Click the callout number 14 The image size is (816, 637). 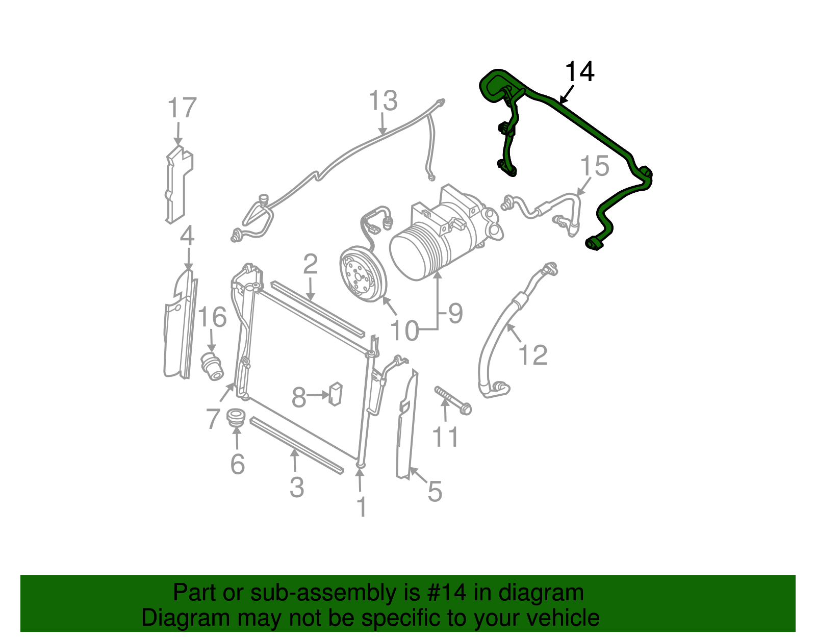coord(580,72)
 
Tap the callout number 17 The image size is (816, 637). coord(182,108)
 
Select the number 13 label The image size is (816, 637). coord(382,101)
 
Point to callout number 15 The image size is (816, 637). coord(595,166)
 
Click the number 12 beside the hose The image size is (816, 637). coord(532,355)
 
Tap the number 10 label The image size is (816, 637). coord(404,332)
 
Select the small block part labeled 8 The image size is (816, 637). coord(335,393)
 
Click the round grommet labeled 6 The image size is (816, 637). coord(236,418)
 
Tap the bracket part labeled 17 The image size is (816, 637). coord(178,184)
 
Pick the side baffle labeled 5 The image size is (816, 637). coord(406,428)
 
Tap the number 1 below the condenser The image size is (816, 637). coord(362,507)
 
